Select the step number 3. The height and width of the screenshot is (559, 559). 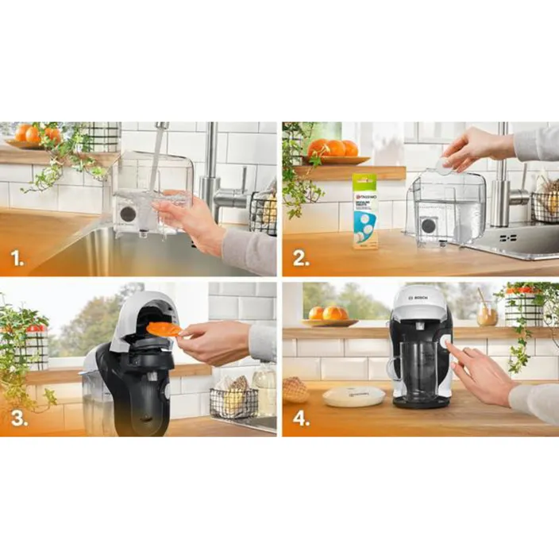point(18,419)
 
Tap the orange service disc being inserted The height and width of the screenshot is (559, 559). point(164,329)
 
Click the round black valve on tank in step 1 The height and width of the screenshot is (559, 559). point(127,214)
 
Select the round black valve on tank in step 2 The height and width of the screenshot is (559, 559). point(428,226)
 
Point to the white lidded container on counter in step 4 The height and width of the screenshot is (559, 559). point(353,395)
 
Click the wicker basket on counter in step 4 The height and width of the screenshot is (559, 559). point(295,390)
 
